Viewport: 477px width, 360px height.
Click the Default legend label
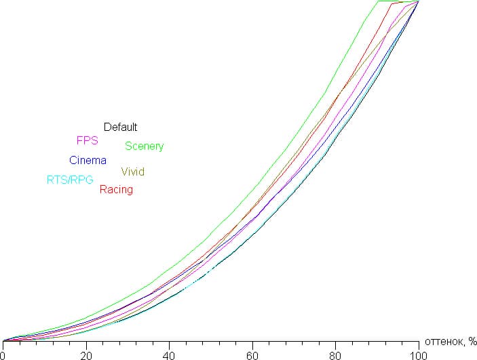[x=120, y=127]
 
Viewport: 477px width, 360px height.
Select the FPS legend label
[x=87, y=140]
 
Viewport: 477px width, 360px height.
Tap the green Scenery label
[x=144, y=146]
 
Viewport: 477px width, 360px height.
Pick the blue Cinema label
[x=88, y=161]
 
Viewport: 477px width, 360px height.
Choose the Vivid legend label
[x=132, y=172]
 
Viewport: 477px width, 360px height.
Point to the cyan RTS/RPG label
[x=70, y=180]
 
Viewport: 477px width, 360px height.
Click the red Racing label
[x=116, y=190]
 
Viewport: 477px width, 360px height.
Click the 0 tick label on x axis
[x=3, y=354]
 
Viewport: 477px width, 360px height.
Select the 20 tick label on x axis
[x=86, y=354]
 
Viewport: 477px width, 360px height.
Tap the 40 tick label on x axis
[x=169, y=354]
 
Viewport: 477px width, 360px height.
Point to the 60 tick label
[x=252, y=354]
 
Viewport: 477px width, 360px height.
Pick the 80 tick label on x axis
[x=335, y=354]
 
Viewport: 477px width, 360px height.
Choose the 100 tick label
[x=418, y=354]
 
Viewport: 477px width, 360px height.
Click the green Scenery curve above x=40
[x=169, y=266]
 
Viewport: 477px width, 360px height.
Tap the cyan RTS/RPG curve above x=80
[x=335, y=138]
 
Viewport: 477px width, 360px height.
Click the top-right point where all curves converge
[x=418, y=2]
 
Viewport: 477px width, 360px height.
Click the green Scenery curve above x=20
[x=86, y=317]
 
